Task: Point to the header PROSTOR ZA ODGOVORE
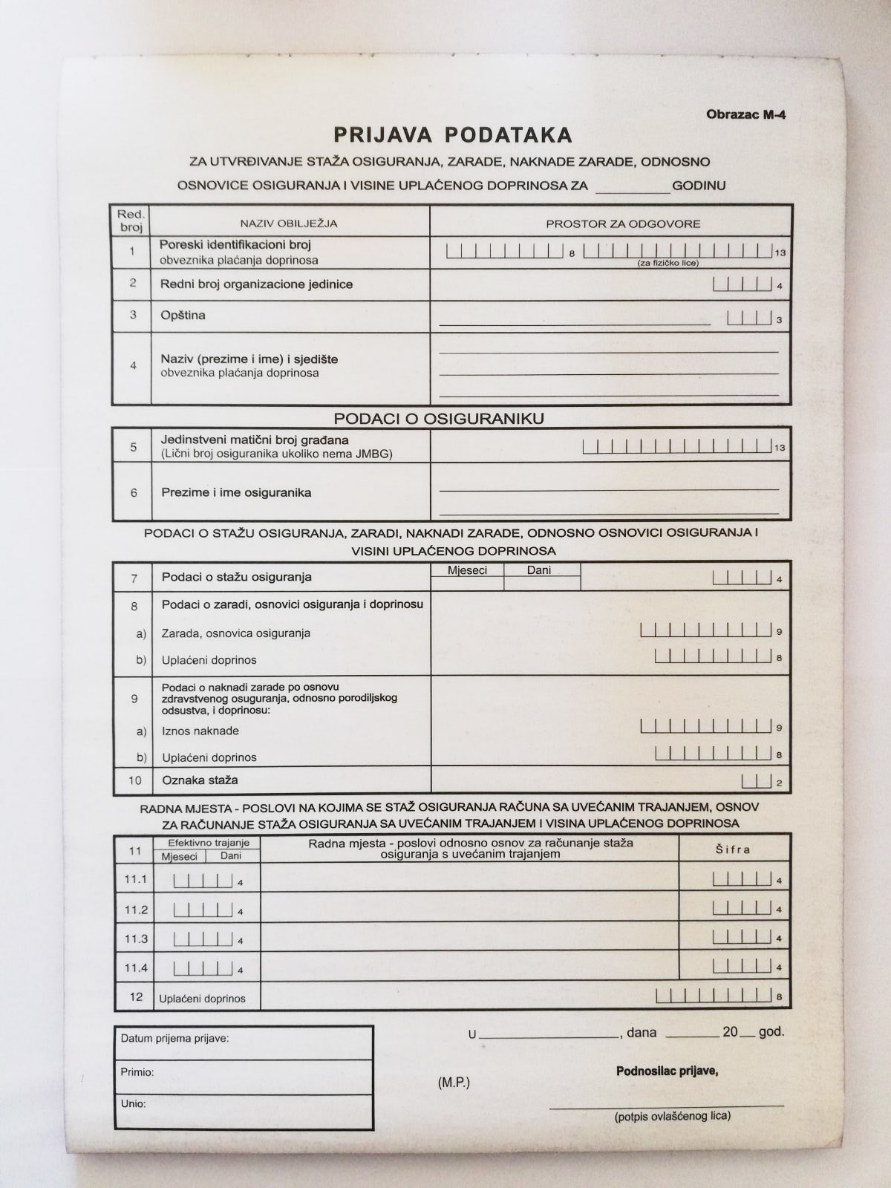tap(623, 223)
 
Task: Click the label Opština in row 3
tap(183, 316)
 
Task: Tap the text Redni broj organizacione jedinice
tap(256, 284)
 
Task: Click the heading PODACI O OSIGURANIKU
tap(439, 419)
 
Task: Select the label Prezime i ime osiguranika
tap(236, 493)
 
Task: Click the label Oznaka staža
tap(200, 780)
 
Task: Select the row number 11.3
tap(136, 939)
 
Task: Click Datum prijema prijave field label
tap(175, 1039)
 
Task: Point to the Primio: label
tap(137, 1072)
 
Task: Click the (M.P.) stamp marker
tap(454, 1083)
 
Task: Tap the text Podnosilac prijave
tap(667, 1071)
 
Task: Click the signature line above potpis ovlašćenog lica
tap(666, 1105)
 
